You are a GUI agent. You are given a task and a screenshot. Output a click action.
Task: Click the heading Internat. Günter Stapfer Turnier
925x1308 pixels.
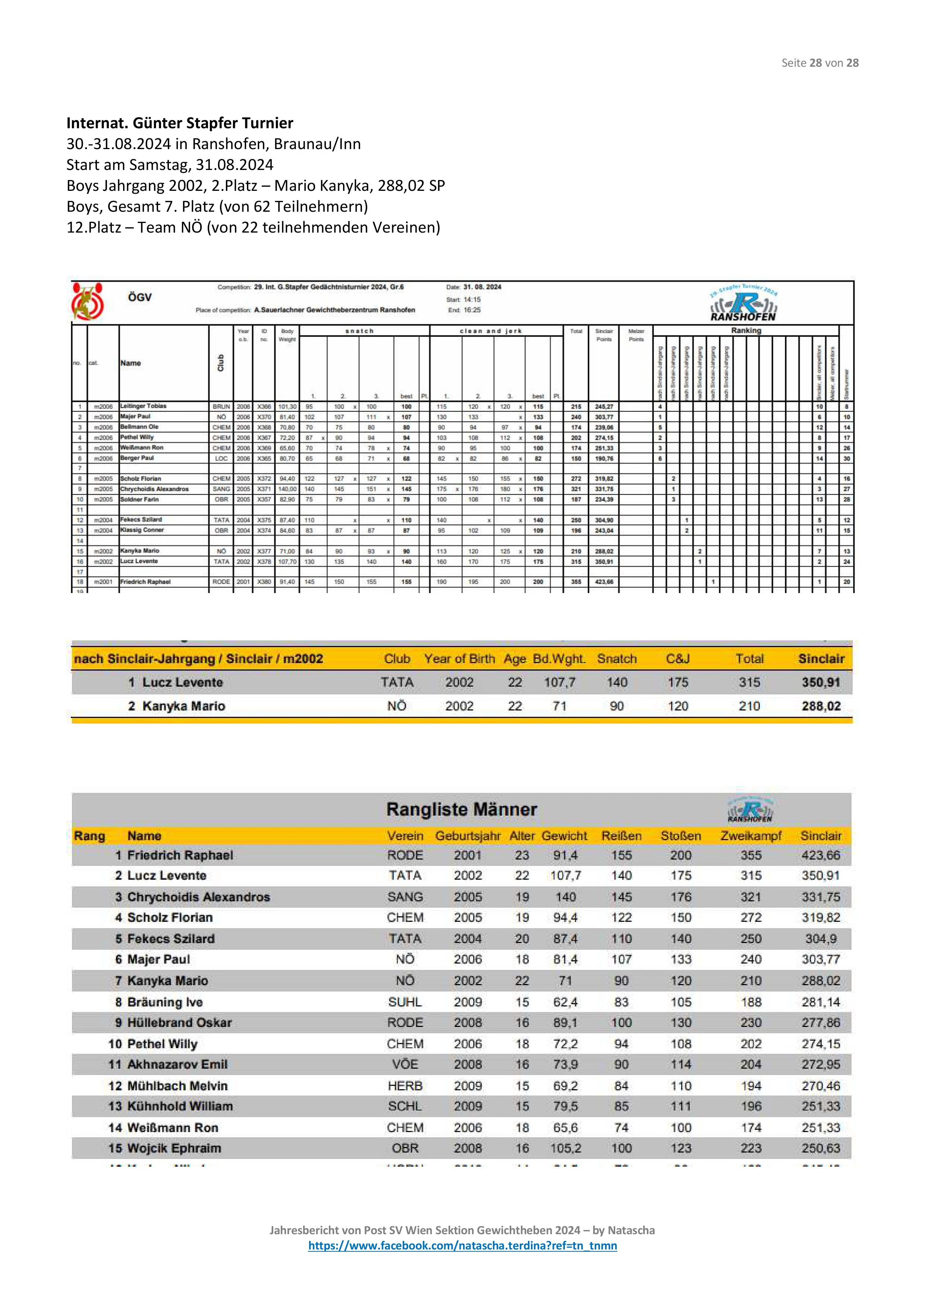tap(180, 123)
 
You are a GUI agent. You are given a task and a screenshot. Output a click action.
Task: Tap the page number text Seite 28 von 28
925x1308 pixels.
tap(819, 63)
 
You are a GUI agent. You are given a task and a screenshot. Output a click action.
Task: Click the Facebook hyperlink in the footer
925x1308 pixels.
tap(462, 1245)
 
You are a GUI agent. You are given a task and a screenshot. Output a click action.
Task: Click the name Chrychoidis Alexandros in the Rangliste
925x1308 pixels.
tap(198, 897)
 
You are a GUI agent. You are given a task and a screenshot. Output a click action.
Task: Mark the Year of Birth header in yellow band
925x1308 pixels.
tap(459, 659)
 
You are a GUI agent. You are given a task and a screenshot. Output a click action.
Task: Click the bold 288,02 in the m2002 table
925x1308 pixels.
tap(821, 706)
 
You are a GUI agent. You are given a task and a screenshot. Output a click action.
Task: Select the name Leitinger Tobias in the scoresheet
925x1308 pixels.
tap(143, 406)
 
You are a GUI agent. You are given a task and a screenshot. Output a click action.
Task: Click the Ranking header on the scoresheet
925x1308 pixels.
tap(745, 330)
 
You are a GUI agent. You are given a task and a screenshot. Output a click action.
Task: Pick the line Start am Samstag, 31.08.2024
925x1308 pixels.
tap(170, 165)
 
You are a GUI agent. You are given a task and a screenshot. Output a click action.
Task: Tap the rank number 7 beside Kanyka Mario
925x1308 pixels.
tap(118, 980)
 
